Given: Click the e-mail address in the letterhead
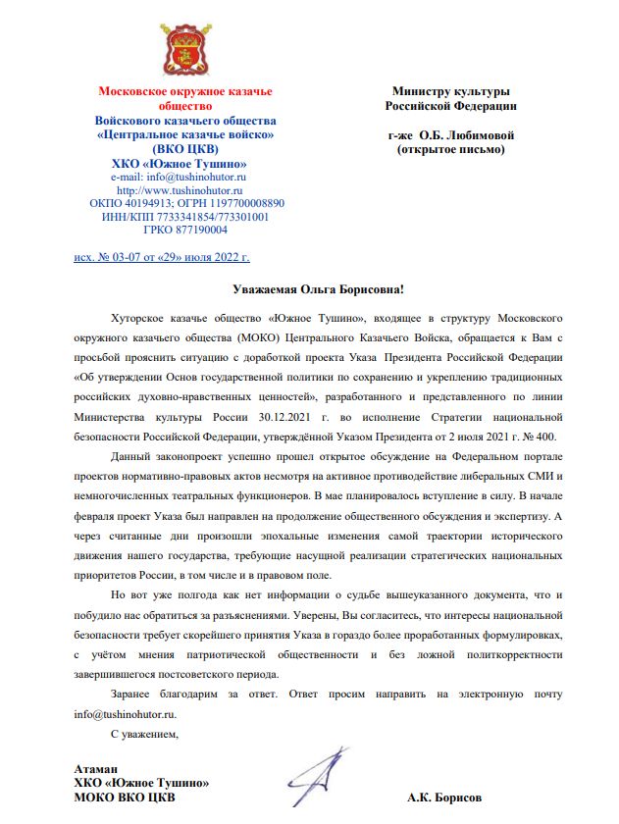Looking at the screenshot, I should pos(185,176).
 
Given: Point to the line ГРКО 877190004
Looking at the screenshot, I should pos(185,230).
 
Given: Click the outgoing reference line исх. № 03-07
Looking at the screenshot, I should pos(162,257).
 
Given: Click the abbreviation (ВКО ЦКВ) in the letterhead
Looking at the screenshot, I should pos(185,148).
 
